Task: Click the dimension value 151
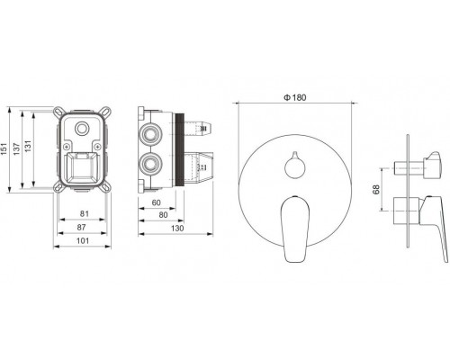pyautogui.click(x=4, y=149)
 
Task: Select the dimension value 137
pyautogui.click(x=16, y=149)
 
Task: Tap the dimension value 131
pyautogui.click(x=28, y=146)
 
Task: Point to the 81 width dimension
pyautogui.click(x=85, y=213)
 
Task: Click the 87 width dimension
pyautogui.click(x=81, y=227)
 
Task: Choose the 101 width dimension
pyautogui.click(x=83, y=240)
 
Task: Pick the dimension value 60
pyautogui.click(x=156, y=202)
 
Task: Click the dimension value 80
pyautogui.click(x=163, y=215)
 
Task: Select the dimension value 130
pyautogui.click(x=177, y=229)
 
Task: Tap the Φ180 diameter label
pyautogui.click(x=295, y=97)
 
